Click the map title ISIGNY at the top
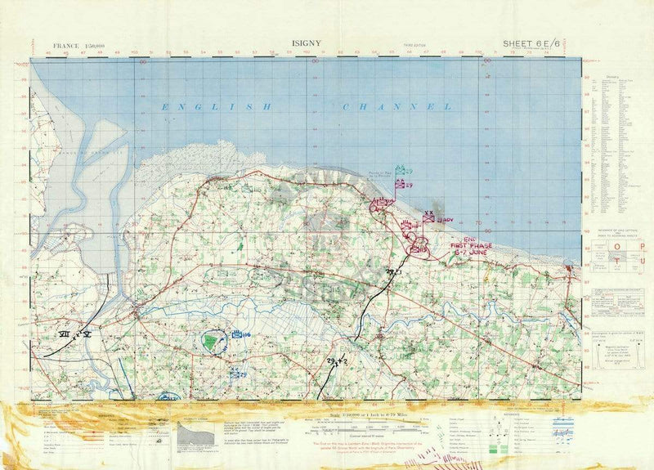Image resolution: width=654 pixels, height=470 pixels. tap(304, 46)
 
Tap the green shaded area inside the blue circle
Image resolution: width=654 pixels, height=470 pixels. tap(213, 342)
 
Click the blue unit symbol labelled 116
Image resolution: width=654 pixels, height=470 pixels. tap(240, 334)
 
